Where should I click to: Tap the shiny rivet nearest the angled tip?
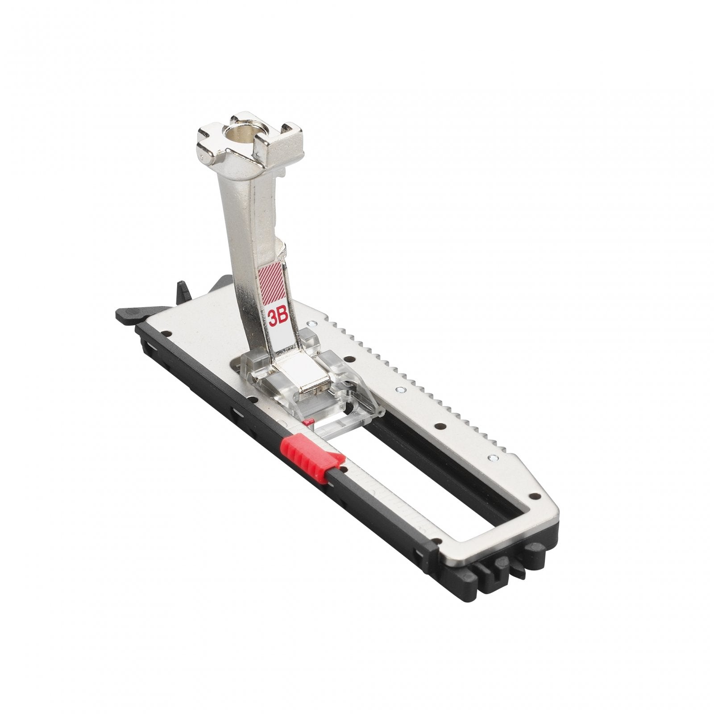(x=492, y=457)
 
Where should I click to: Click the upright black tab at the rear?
(x=183, y=289)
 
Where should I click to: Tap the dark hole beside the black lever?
(x=166, y=332)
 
